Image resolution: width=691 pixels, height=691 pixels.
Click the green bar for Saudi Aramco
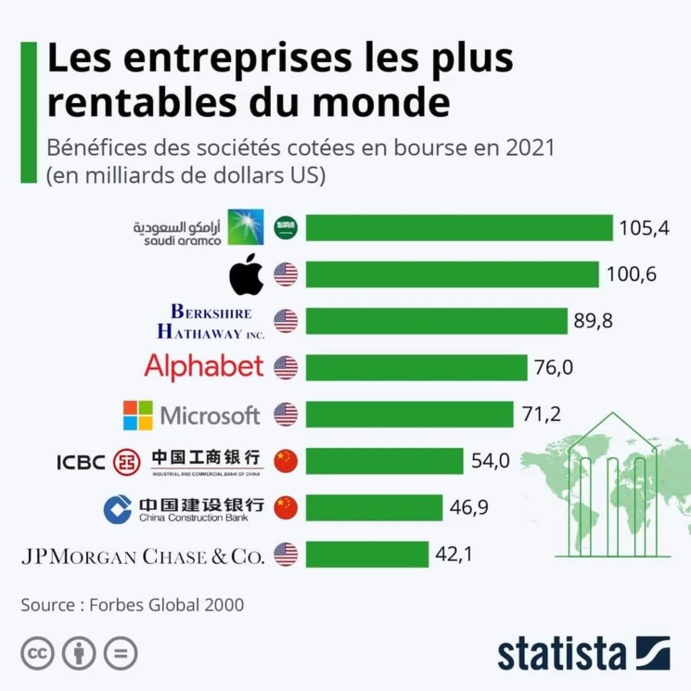[x=459, y=228]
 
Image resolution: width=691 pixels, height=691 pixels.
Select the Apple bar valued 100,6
[x=452, y=275]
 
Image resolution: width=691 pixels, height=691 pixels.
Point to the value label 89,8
[x=594, y=321]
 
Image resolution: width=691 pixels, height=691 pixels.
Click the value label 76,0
[x=554, y=368]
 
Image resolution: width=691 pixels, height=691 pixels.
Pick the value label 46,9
[x=469, y=507]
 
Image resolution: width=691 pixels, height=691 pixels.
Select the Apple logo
[x=246, y=275]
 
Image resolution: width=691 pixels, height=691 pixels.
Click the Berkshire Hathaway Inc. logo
[x=211, y=321]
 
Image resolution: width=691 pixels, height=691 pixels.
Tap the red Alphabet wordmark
[x=204, y=367]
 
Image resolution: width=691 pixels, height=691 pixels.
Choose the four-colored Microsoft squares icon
[x=138, y=415]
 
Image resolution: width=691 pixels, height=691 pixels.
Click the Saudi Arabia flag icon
[x=286, y=228]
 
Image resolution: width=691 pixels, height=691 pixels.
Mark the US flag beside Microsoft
[x=286, y=415]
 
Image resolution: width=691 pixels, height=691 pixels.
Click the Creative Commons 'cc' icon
[x=38, y=654]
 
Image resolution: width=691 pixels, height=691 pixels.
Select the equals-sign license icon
[x=121, y=654]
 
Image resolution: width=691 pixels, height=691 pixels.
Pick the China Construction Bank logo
[x=184, y=508]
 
